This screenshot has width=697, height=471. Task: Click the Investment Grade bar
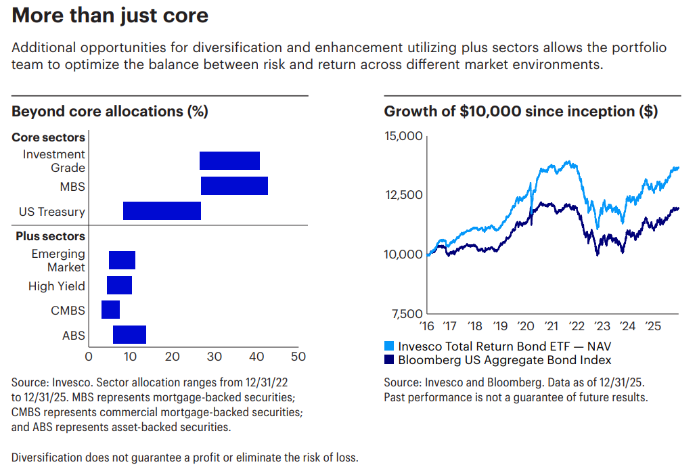coord(229,160)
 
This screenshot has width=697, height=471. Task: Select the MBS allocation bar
coord(234,185)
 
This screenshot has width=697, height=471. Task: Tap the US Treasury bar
coord(162,211)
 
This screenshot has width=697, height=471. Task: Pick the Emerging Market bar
coord(122,260)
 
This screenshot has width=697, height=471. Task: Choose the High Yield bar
coord(119,286)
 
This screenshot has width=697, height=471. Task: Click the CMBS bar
coord(110,310)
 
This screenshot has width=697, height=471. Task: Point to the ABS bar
coord(129,334)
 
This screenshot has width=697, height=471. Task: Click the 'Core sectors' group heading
coord(48,137)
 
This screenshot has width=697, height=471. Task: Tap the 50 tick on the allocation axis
coord(298,357)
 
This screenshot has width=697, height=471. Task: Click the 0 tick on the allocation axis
coord(89,357)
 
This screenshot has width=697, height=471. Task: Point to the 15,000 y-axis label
coord(403,136)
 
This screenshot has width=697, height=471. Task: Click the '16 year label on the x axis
coord(426,326)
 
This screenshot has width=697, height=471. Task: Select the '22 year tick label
coord(577,326)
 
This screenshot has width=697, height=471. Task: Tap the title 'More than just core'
coord(110,16)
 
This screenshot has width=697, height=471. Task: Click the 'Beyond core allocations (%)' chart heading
coord(110,112)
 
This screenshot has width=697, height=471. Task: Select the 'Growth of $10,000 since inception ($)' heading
coord(520,112)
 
